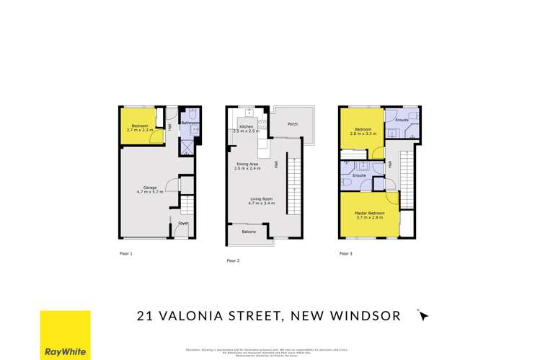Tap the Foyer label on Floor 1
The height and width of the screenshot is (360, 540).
point(184,224)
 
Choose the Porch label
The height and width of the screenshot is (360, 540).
point(293,123)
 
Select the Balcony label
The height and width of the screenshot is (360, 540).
point(248,232)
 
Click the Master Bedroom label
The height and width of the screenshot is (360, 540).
point(368,215)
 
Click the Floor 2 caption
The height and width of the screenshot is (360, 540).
point(234,260)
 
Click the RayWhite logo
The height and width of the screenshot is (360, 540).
point(65,334)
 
